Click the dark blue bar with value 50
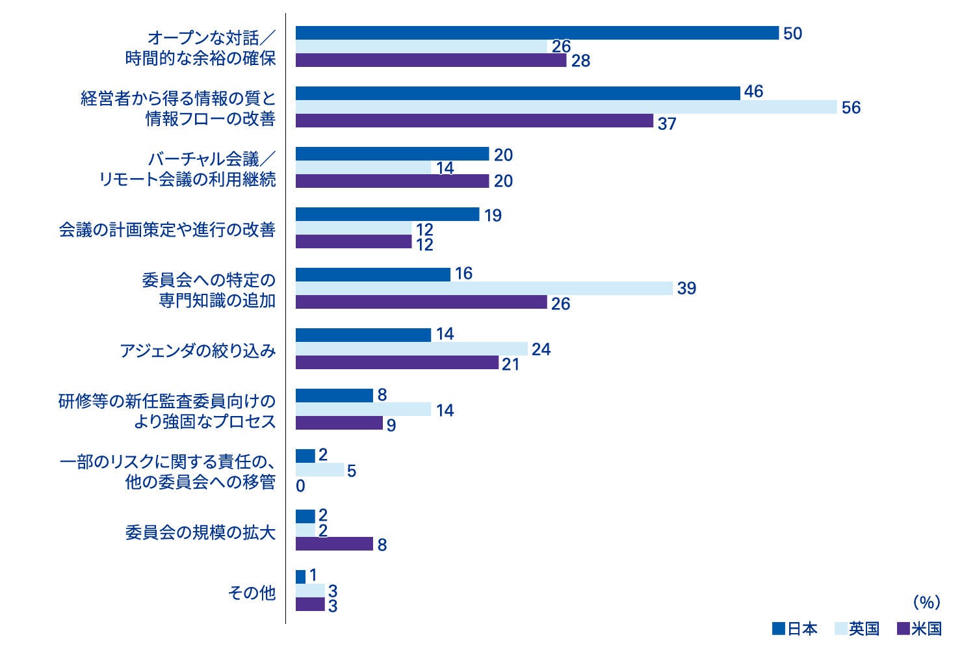[x=537, y=33]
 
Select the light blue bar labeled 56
[x=566, y=107]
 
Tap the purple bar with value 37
[x=474, y=121]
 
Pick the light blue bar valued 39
[x=484, y=289]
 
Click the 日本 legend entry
[x=794, y=629]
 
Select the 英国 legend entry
[x=856, y=629]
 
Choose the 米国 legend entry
[x=918, y=629]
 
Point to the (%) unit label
[x=926, y=603]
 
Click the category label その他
[x=252, y=593]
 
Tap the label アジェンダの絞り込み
[x=198, y=351]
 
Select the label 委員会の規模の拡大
[x=200, y=532]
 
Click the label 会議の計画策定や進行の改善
[x=167, y=230]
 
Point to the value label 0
[x=300, y=486]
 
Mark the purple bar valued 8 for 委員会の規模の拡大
[x=334, y=544]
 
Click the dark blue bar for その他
[x=300, y=577]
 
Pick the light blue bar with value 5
[x=320, y=470]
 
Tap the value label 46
[x=753, y=92]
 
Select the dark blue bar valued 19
[x=387, y=214]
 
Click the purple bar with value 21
[x=397, y=363]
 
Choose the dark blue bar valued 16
[x=373, y=275]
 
